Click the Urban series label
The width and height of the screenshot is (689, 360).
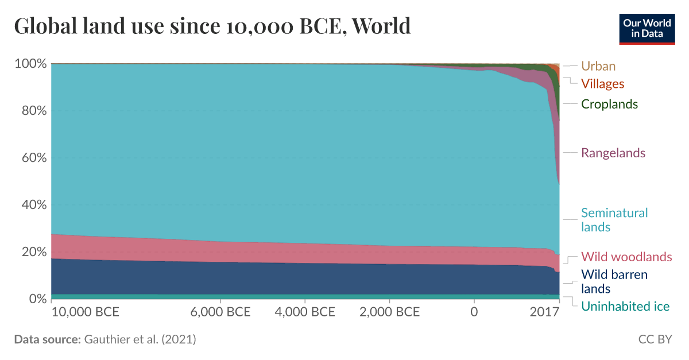click(598, 66)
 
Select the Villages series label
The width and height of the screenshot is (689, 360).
click(602, 84)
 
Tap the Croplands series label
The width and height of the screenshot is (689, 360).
click(609, 104)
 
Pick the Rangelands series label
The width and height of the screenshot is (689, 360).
click(613, 153)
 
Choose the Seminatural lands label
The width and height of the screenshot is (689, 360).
click(614, 220)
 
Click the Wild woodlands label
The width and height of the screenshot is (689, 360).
click(626, 257)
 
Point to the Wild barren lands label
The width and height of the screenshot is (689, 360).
click(614, 281)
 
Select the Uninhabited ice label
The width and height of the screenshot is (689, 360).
click(625, 307)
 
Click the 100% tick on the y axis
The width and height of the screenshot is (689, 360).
click(29, 63)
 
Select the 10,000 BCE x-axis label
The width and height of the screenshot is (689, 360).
click(85, 313)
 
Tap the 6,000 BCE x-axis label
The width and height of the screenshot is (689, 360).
click(220, 313)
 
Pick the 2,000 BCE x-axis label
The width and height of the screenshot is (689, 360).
click(389, 313)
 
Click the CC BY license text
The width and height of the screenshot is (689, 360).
click(655, 339)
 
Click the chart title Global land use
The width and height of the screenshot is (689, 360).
click(212, 26)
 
